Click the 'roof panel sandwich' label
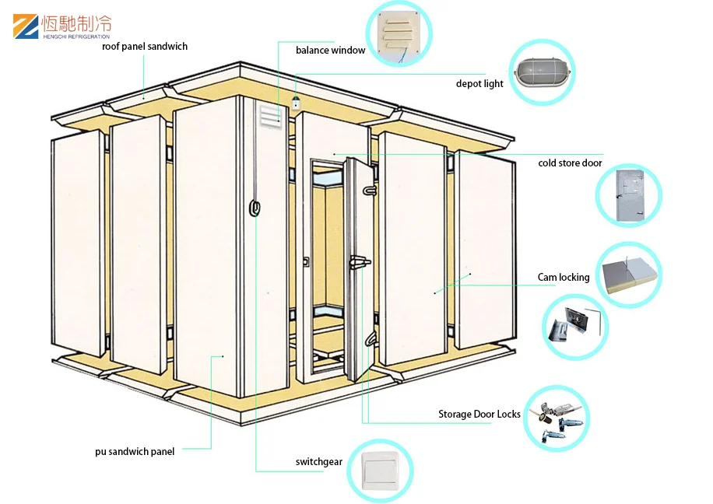coord(145,47)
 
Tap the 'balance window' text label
coord(330,51)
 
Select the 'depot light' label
coord(479,84)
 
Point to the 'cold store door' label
coord(570,163)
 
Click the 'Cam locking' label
coord(564,277)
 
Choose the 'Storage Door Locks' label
coord(479,415)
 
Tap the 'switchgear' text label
coord(318,462)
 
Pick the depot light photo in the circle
coord(542,74)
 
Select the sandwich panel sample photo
coord(629,275)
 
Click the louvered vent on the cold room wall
coord(268,115)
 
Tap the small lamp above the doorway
coord(296,101)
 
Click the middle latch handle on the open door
coord(360,263)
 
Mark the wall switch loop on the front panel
coord(254,208)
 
